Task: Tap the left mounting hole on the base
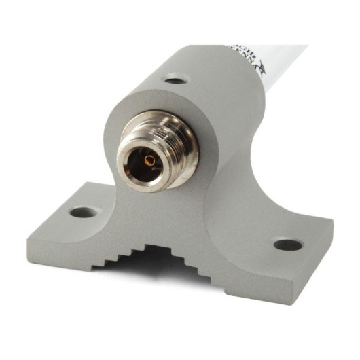[x=83, y=212]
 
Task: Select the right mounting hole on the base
[x=288, y=245]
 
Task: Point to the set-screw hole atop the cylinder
[x=175, y=80]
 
